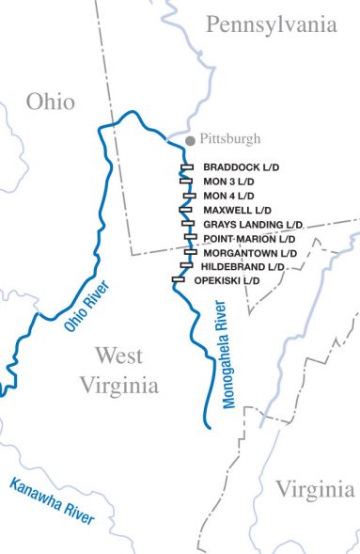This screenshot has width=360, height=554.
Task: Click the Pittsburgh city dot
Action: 191,139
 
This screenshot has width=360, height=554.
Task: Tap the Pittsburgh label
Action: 230,139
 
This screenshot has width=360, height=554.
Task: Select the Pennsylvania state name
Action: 272,25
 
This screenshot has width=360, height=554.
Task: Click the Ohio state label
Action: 51,103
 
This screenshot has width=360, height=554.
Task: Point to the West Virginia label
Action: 119,371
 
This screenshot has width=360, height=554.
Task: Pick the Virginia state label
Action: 315,489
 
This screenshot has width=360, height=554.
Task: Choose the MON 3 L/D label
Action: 228,182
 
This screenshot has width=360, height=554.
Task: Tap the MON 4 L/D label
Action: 228,196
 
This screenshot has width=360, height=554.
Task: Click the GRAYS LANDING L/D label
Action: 253,225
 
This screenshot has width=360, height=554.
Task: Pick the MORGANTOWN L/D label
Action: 249,253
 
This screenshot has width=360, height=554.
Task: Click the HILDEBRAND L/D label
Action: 243,267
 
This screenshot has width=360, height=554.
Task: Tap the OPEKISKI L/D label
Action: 227,280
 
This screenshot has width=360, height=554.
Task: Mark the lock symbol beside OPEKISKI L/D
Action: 178,279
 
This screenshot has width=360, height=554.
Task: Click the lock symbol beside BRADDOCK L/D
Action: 186,167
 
